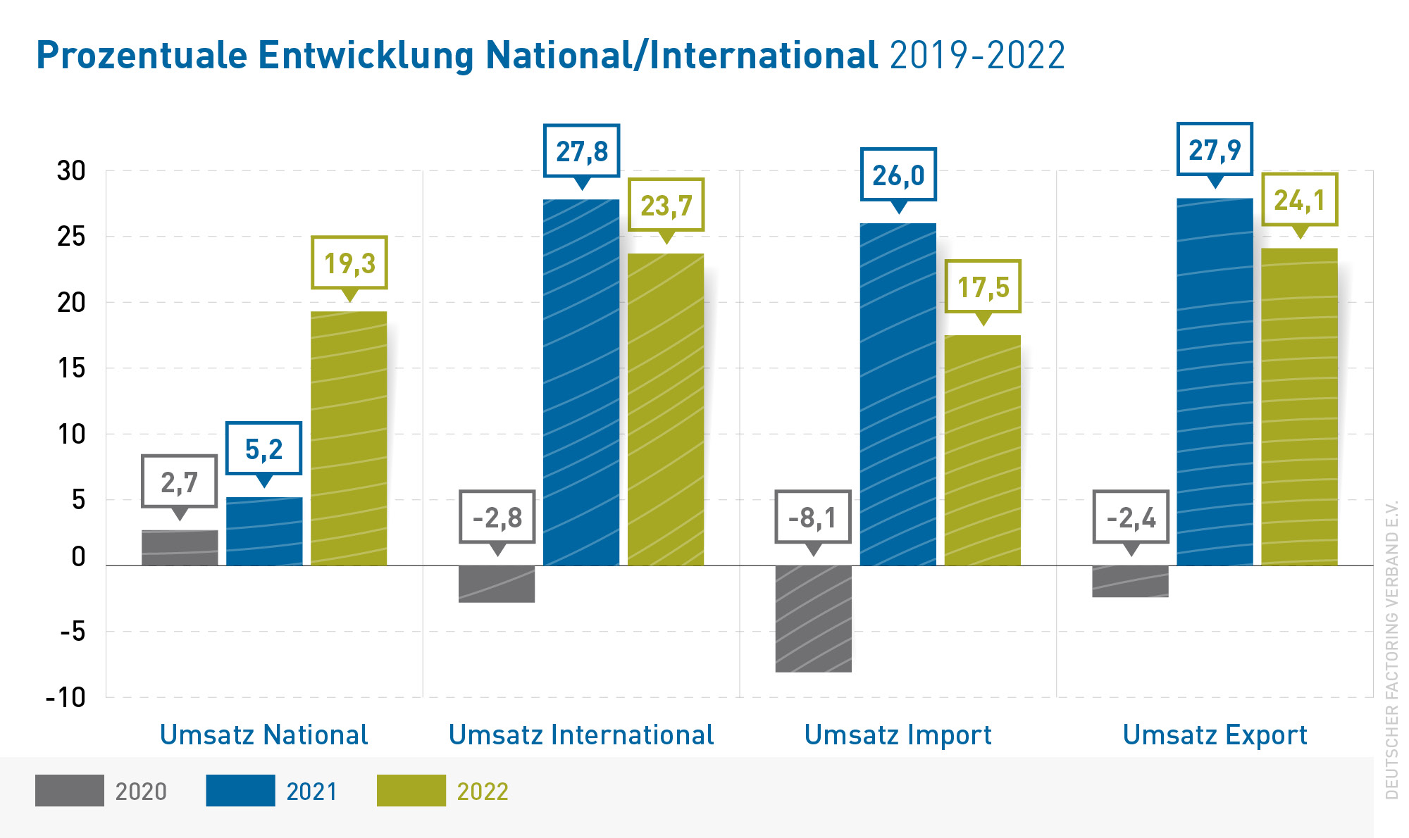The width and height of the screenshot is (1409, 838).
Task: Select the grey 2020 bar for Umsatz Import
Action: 813,618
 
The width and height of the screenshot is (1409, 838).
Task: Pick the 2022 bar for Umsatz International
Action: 666,409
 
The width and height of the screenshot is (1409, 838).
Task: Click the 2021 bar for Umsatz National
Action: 264,531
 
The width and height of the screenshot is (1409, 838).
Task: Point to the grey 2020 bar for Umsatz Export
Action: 1130,581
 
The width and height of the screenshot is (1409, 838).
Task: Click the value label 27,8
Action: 581,151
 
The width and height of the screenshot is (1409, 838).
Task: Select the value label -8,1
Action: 813,518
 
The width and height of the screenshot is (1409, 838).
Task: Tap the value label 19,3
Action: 349,263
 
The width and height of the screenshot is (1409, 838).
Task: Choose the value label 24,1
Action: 1299,200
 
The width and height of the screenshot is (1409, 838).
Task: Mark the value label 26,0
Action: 898,175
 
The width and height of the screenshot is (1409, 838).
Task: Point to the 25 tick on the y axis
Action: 71,237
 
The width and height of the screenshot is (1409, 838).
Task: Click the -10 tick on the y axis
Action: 66,697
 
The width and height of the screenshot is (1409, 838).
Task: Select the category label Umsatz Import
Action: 898,734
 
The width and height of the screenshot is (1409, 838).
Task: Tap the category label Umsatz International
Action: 581,734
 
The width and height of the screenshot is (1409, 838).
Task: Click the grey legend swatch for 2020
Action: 70,790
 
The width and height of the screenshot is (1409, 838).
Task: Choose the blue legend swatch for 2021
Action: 240,790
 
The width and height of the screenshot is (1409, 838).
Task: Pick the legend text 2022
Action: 483,792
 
